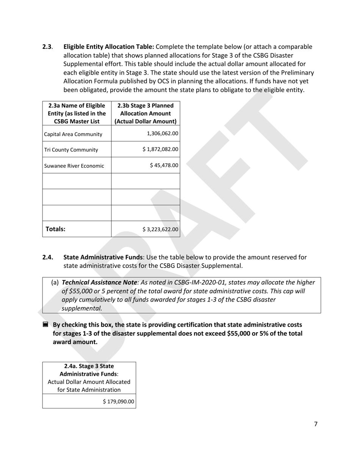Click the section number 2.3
coord(47,47)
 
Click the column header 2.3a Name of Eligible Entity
coord(77,113)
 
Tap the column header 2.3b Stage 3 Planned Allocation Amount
coord(146,113)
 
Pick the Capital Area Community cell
coord(73,134)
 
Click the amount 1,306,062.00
coord(162,134)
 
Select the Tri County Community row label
coord(71,150)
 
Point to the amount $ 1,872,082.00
coord(160,149)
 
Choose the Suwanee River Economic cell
coord(74,166)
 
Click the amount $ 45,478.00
coord(164,165)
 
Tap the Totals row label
coord(56,229)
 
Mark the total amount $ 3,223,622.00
coord(160,229)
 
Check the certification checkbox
coord(45,325)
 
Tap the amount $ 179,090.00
coord(118,402)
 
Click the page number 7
coord(316,424)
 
